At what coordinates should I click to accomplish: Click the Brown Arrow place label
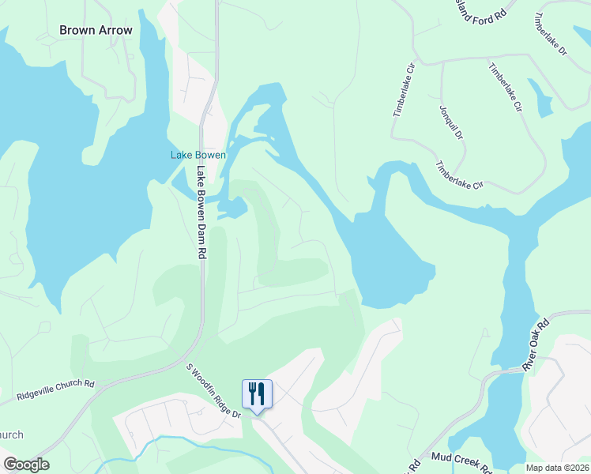tap(96, 30)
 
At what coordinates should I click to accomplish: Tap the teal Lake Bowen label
tap(198, 155)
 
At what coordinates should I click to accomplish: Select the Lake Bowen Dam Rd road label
tap(201, 213)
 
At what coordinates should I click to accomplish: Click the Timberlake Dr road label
tap(551, 32)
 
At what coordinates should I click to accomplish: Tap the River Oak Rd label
tap(535, 346)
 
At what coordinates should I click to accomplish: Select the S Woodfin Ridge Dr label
tap(213, 390)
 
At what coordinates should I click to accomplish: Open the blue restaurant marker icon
tap(257, 393)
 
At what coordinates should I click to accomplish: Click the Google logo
tap(26, 465)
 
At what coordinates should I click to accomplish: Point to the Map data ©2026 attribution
tap(556, 468)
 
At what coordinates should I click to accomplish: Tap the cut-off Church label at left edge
tap(11, 434)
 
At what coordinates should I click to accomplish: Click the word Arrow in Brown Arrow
tap(115, 30)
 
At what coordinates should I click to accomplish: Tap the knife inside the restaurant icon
tap(262, 391)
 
